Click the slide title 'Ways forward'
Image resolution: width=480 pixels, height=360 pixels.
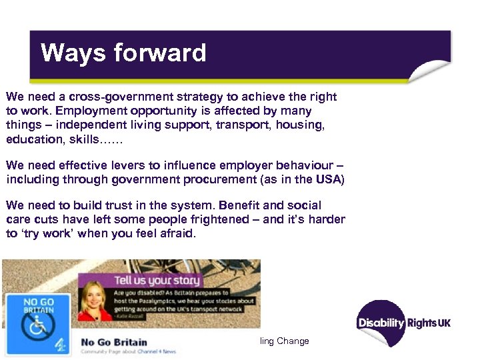123,53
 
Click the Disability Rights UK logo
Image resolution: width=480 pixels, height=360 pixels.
403,323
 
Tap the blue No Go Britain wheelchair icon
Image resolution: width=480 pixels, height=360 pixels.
37,323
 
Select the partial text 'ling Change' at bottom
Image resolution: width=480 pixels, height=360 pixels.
285,341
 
